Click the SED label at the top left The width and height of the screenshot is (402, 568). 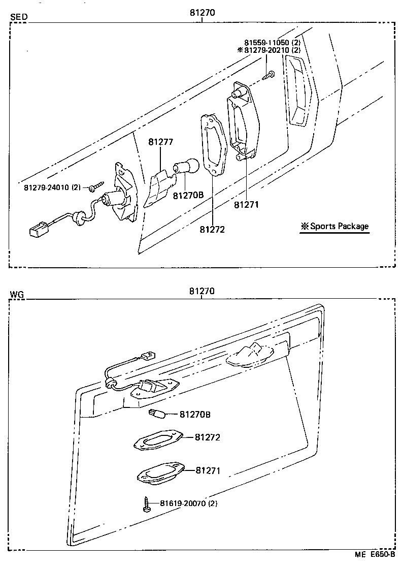pyautogui.click(x=19, y=17)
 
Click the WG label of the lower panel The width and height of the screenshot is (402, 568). pyautogui.click(x=17, y=294)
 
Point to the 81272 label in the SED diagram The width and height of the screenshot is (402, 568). pyautogui.click(x=212, y=229)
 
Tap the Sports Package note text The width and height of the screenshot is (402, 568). pyautogui.click(x=335, y=227)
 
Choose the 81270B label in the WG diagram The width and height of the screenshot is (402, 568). pyautogui.click(x=195, y=415)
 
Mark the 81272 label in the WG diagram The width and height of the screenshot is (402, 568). pyautogui.click(x=208, y=437)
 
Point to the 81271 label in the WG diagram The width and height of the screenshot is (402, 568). pyautogui.click(x=208, y=471)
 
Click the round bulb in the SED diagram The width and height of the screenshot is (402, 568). pyautogui.click(x=182, y=168)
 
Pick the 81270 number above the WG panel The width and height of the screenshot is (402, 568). pyautogui.click(x=202, y=291)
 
